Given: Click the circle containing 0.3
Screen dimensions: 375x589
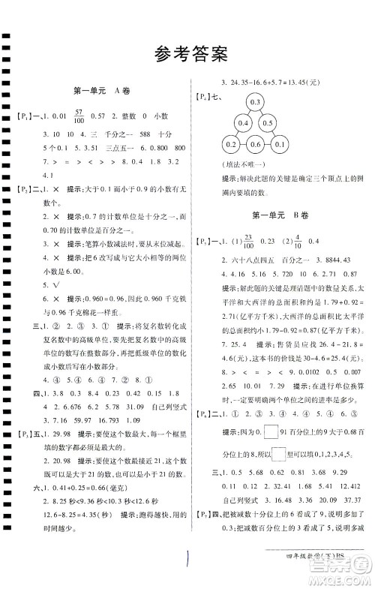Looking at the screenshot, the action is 254,102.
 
